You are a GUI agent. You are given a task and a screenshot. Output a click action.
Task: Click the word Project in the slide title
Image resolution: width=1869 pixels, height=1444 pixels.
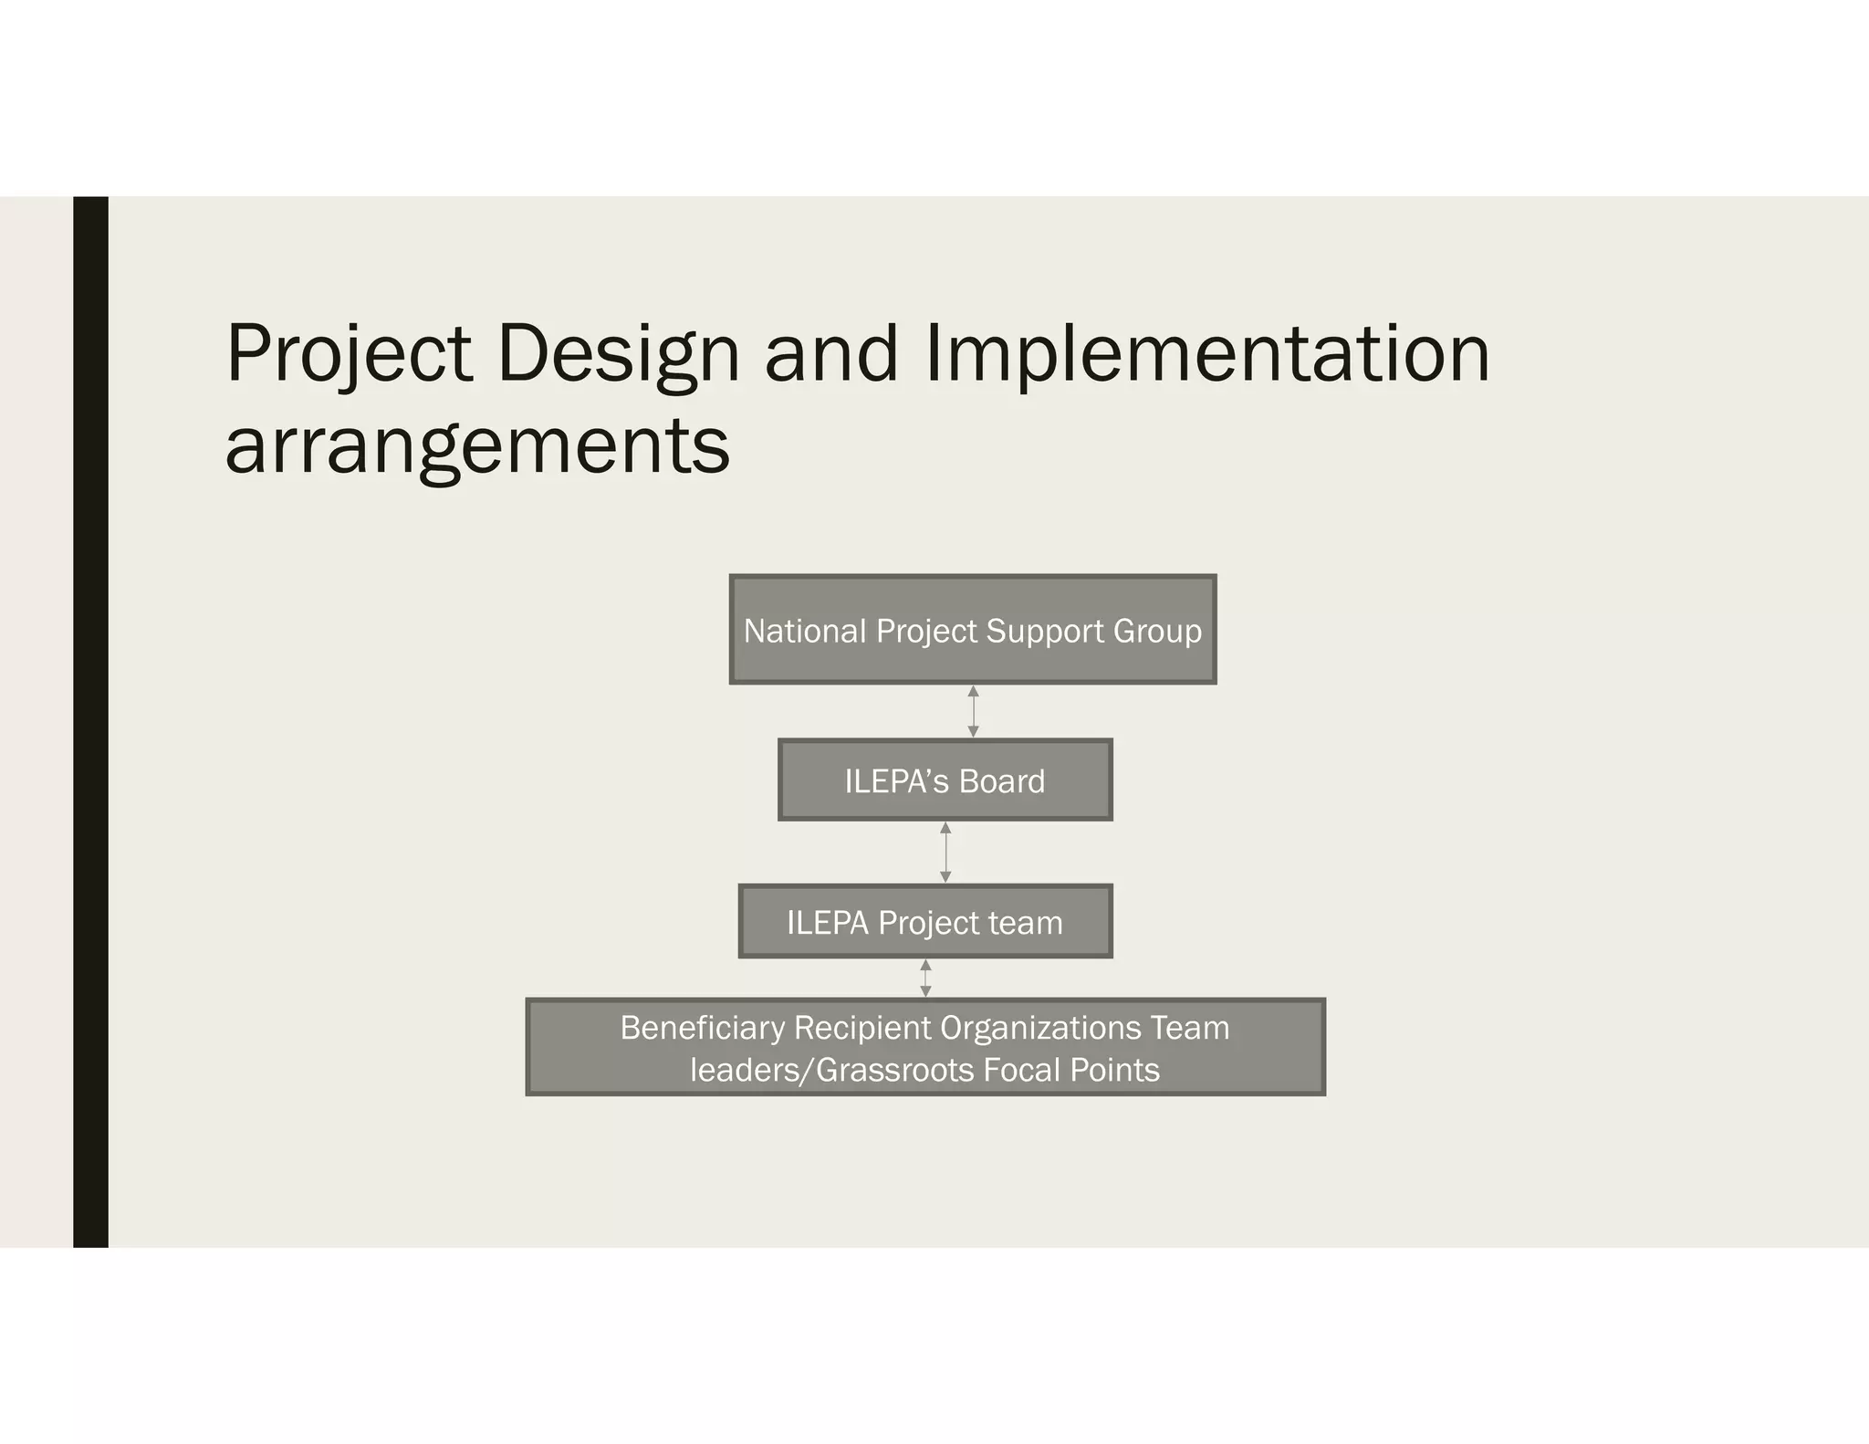(x=349, y=354)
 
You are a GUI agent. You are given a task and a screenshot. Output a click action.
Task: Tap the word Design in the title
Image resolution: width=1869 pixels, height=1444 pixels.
(x=618, y=354)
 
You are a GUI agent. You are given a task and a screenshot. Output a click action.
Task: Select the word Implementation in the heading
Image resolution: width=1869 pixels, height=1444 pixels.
(x=1206, y=354)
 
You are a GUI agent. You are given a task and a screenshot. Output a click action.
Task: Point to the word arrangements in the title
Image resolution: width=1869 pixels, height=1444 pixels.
(x=477, y=447)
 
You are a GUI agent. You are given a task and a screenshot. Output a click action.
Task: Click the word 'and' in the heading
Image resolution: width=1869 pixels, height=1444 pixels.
(x=831, y=354)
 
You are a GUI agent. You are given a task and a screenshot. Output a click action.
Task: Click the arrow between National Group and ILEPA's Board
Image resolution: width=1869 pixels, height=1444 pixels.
(x=973, y=711)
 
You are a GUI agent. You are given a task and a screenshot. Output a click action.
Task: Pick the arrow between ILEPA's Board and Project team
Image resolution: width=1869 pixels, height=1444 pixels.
(x=945, y=852)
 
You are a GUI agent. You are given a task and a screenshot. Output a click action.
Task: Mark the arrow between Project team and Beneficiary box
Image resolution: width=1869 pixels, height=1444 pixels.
(x=925, y=978)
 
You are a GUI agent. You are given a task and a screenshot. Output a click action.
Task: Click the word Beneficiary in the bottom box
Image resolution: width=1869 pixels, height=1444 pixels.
(x=702, y=1028)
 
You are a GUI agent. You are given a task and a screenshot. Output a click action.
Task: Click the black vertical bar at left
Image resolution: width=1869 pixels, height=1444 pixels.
(x=90, y=721)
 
